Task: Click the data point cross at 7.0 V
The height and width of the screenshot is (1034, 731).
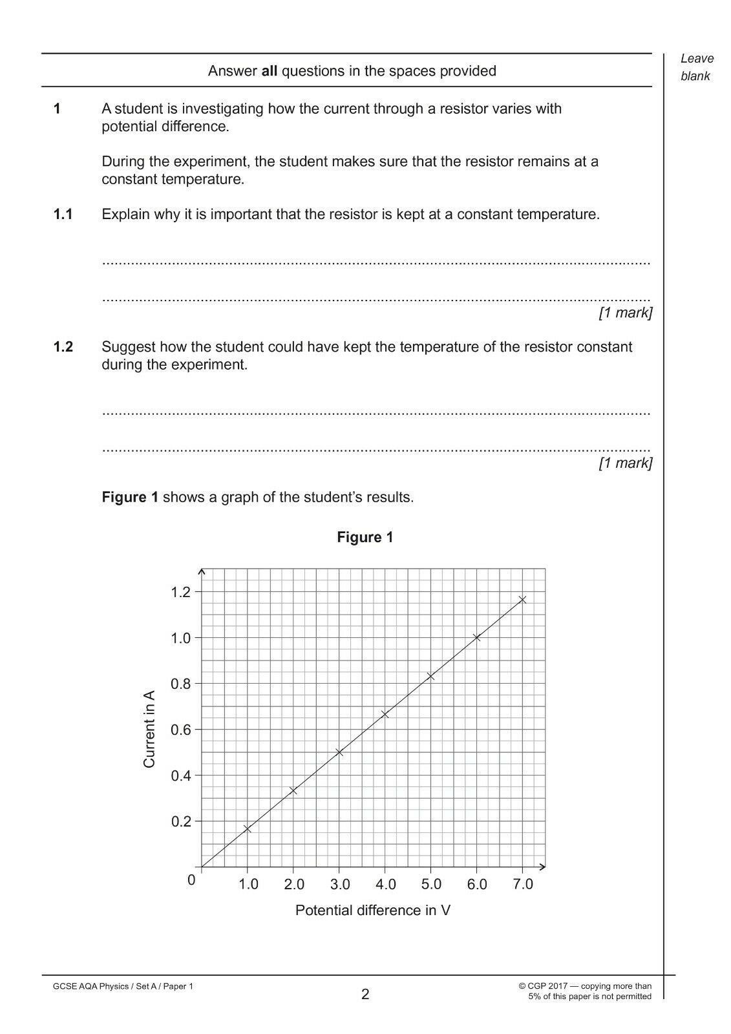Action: pyautogui.click(x=522, y=600)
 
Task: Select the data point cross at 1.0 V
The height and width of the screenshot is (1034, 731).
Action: pyautogui.click(x=247, y=828)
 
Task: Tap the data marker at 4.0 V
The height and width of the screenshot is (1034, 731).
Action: pyautogui.click(x=385, y=714)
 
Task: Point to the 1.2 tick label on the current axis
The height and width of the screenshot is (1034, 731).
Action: pyautogui.click(x=181, y=592)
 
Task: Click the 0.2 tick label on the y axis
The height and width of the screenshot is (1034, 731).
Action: pyautogui.click(x=181, y=821)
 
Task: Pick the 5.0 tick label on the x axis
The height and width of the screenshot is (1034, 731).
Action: pyautogui.click(x=431, y=884)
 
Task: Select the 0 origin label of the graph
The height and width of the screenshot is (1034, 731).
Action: pyautogui.click(x=191, y=880)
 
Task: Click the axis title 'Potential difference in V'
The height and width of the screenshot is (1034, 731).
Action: pyautogui.click(x=373, y=910)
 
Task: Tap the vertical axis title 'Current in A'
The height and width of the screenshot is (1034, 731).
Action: pyautogui.click(x=149, y=730)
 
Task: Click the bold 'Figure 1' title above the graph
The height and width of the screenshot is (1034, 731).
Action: pyautogui.click(x=365, y=537)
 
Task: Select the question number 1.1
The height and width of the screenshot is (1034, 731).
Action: pyautogui.click(x=63, y=215)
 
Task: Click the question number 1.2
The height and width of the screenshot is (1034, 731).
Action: pyautogui.click(x=63, y=347)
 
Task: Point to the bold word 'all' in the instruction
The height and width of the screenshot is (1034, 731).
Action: pyautogui.click(x=269, y=71)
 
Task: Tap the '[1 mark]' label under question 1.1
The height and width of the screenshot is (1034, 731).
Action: pyautogui.click(x=625, y=313)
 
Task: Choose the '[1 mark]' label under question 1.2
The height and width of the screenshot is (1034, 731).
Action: pyautogui.click(x=625, y=463)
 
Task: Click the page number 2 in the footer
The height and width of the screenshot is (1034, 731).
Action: pyautogui.click(x=365, y=994)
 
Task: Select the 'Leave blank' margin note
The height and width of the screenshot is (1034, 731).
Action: pyautogui.click(x=696, y=67)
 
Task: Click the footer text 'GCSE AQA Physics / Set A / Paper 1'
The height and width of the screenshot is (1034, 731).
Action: pyautogui.click(x=123, y=986)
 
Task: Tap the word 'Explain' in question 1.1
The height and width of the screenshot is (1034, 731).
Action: pyautogui.click(x=125, y=215)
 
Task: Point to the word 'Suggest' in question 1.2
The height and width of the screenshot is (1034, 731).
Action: pyautogui.click(x=129, y=347)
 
